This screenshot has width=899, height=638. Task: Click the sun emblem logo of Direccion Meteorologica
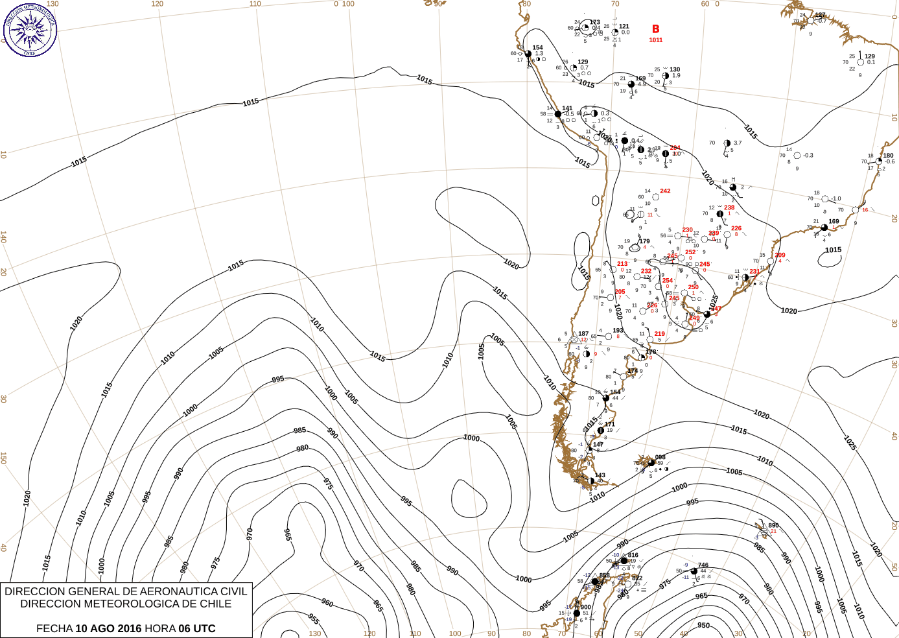click(30, 29)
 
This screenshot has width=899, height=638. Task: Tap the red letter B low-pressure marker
click(656, 29)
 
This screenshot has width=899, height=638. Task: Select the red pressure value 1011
click(656, 40)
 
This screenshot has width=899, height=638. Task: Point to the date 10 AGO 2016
click(108, 628)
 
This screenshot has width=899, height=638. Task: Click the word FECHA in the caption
click(54, 628)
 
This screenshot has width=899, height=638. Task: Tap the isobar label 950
click(704, 626)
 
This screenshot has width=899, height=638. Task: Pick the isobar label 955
click(314, 619)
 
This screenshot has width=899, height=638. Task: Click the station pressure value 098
click(660, 457)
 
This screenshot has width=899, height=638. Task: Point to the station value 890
click(773, 526)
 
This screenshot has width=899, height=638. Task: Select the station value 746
click(703, 565)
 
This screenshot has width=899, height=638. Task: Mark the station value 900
click(586, 608)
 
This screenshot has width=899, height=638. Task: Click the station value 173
click(595, 23)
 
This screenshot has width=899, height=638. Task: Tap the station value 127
click(821, 16)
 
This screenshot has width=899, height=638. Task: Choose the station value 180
click(888, 156)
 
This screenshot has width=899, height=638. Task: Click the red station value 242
click(665, 191)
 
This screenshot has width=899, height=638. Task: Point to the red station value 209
click(780, 255)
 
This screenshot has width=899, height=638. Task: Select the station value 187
click(583, 334)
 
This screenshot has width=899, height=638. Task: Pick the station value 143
click(600, 475)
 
